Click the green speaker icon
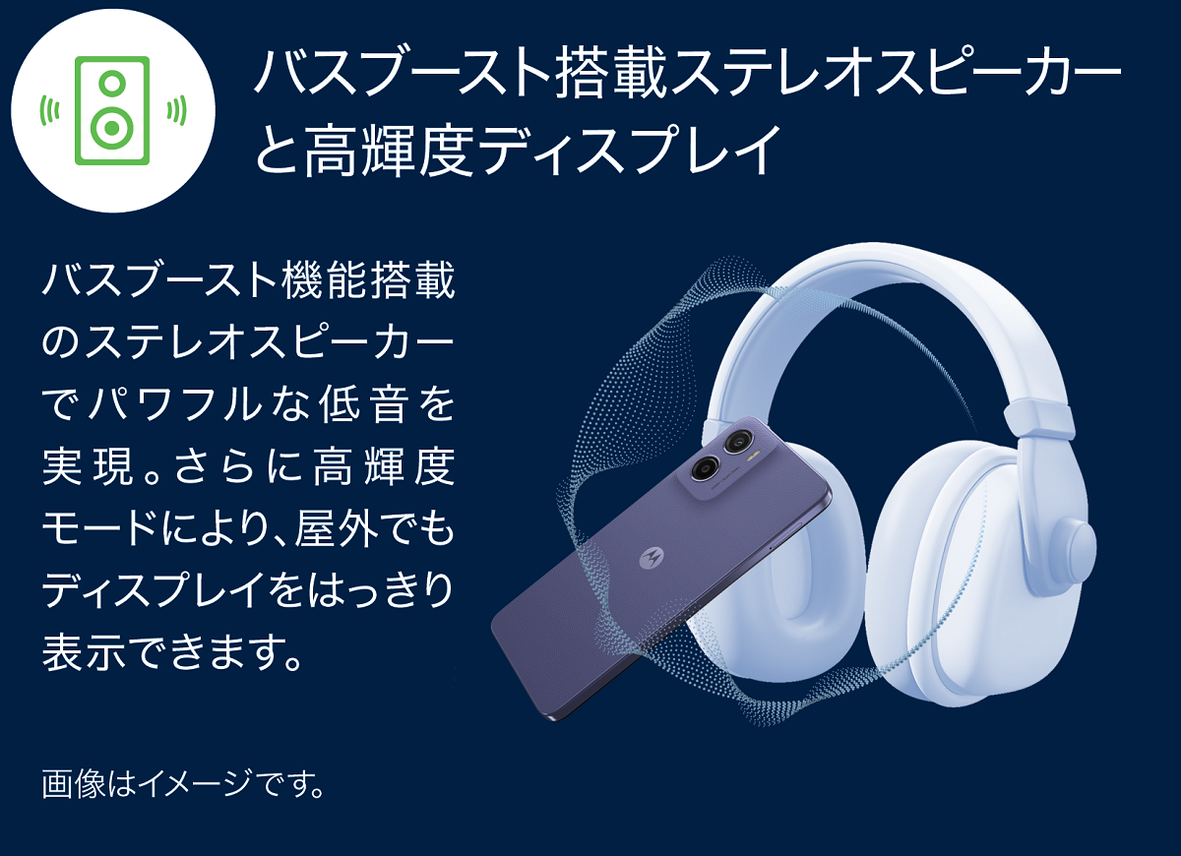click(x=112, y=110)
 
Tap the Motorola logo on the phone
click(x=652, y=557)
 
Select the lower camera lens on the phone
click(x=705, y=467)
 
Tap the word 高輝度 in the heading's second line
click(x=389, y=150)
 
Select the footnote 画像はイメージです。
click(x=183, y=783)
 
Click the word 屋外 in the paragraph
click(x=337, y=528)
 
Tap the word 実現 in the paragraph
click(x=88, y=466)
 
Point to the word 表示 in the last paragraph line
click(x=84, y=652)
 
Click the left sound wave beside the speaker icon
click(x=49, y=110)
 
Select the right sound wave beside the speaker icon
click(x=176, y=110)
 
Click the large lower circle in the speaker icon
click(x=112, y=128)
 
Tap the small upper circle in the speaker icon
click(x=112, y=83)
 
